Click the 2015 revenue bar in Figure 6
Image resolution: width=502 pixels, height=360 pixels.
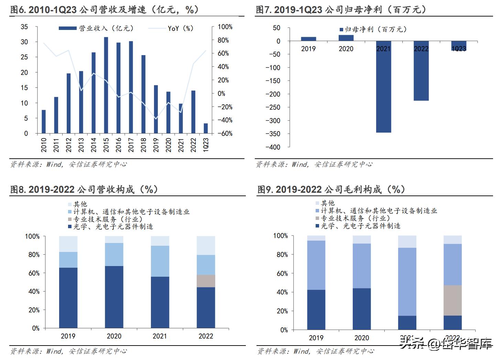[x=106, y=85]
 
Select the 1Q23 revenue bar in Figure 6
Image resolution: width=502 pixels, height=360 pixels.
[x=206, y=128]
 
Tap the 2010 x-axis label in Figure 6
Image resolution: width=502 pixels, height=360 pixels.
[x=44, y=145]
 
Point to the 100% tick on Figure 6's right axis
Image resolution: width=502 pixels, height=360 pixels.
[x=225, y=27]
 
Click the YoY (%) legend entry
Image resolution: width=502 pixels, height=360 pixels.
[x=180, y=29]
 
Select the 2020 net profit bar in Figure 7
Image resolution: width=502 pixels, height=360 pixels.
[x=346, y=38]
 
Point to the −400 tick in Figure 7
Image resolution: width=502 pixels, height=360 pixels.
[x=273, y=147]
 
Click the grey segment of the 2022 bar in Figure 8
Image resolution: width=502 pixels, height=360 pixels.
[x=206, y=281]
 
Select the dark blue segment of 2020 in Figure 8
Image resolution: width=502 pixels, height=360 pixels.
[x=114, y=297]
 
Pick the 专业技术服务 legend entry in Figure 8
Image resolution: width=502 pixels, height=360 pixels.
[x=107, y=219]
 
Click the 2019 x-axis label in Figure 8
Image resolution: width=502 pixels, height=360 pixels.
[x=68, y=336]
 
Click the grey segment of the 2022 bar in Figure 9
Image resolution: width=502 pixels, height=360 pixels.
[x=452, y=300]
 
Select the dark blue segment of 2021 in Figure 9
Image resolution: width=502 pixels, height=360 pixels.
[x=407, y=322]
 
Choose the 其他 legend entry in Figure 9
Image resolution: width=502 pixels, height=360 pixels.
[x=327, y=203]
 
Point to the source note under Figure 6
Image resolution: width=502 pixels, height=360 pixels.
[x=69, y=165]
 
